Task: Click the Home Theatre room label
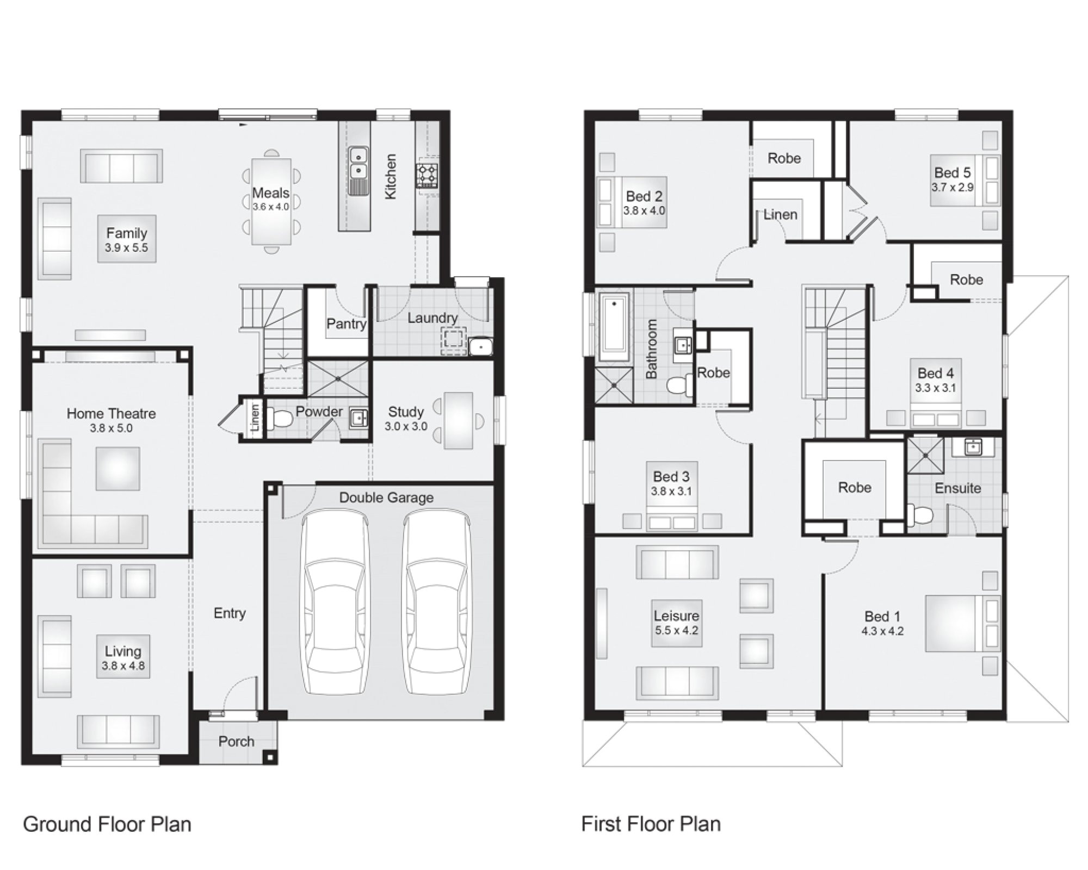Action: [x=111, y=414]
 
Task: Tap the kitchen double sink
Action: [x=357, y=163]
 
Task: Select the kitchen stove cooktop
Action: [x=426, y=176]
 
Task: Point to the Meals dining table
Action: [x=271, y=202]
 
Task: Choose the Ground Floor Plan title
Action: [x=107, y=824]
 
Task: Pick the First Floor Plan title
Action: [x=651, y=824]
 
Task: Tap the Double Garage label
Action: [x=386, y=498]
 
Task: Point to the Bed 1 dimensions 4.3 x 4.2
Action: [x=882, y=631]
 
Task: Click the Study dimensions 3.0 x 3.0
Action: [x=406, y=427]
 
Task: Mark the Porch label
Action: [x=236, y=741]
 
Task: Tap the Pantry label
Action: [x=346, y=324]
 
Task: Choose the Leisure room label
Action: [x=676, y=616]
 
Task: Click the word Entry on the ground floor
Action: [x=230, y=613]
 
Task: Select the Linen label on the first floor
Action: [x=780, y=215]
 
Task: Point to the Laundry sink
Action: [x=480, y=346]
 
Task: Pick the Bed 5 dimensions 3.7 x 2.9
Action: [x=953, y=188]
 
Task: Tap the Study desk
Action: [x=458, y=421]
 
